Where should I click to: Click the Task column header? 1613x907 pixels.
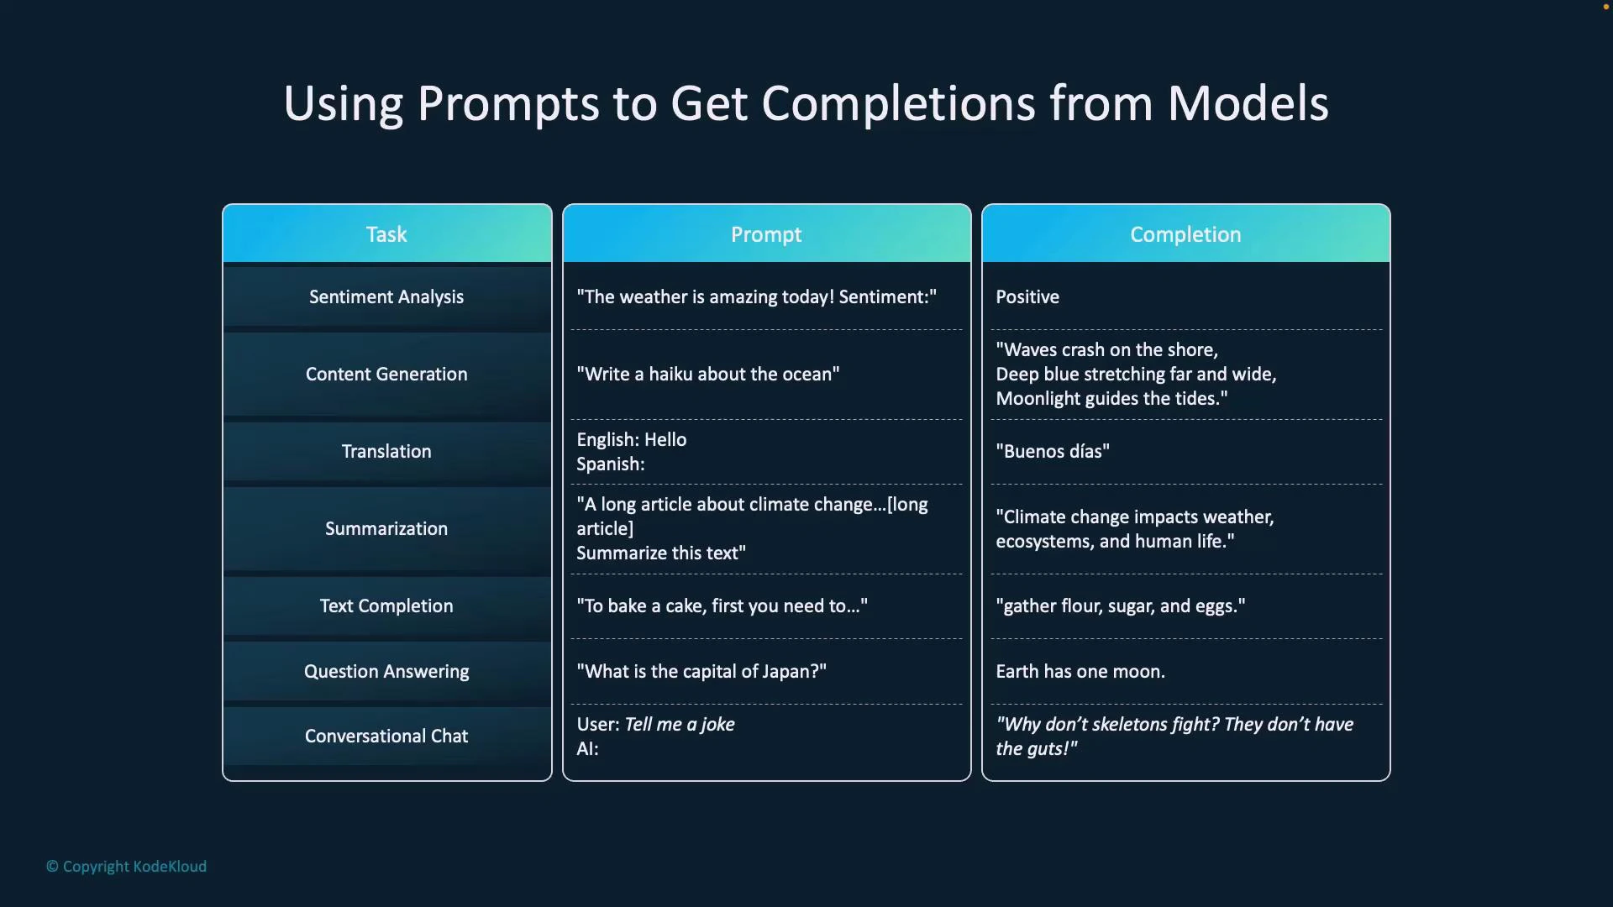coord(386,234)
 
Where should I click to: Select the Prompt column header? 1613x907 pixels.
coord(765,234)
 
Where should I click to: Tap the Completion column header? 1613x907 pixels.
coord(1185,234)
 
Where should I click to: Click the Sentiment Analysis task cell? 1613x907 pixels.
coord(386,296)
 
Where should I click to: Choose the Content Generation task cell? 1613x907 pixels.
coord(386,374)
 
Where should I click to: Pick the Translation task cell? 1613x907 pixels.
coord(386,451)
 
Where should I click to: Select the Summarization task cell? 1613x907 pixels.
coord(386,528)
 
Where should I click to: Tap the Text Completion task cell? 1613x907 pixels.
coord(386,606)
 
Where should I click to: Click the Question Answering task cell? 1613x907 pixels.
coord(386,671)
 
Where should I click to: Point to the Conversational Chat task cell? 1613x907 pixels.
coord(386,736)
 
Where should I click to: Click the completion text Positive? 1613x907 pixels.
coord(1027,296)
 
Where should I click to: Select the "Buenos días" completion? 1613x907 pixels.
coord(1052,451)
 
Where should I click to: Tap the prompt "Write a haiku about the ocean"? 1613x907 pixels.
coord(707,374)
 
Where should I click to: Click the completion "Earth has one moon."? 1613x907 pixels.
coord(1080,671)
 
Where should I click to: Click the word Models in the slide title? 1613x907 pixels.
coord(1248,103)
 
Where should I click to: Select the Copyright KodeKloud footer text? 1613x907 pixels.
coord(126,866)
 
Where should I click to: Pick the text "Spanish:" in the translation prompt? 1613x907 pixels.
coord(610,464)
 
